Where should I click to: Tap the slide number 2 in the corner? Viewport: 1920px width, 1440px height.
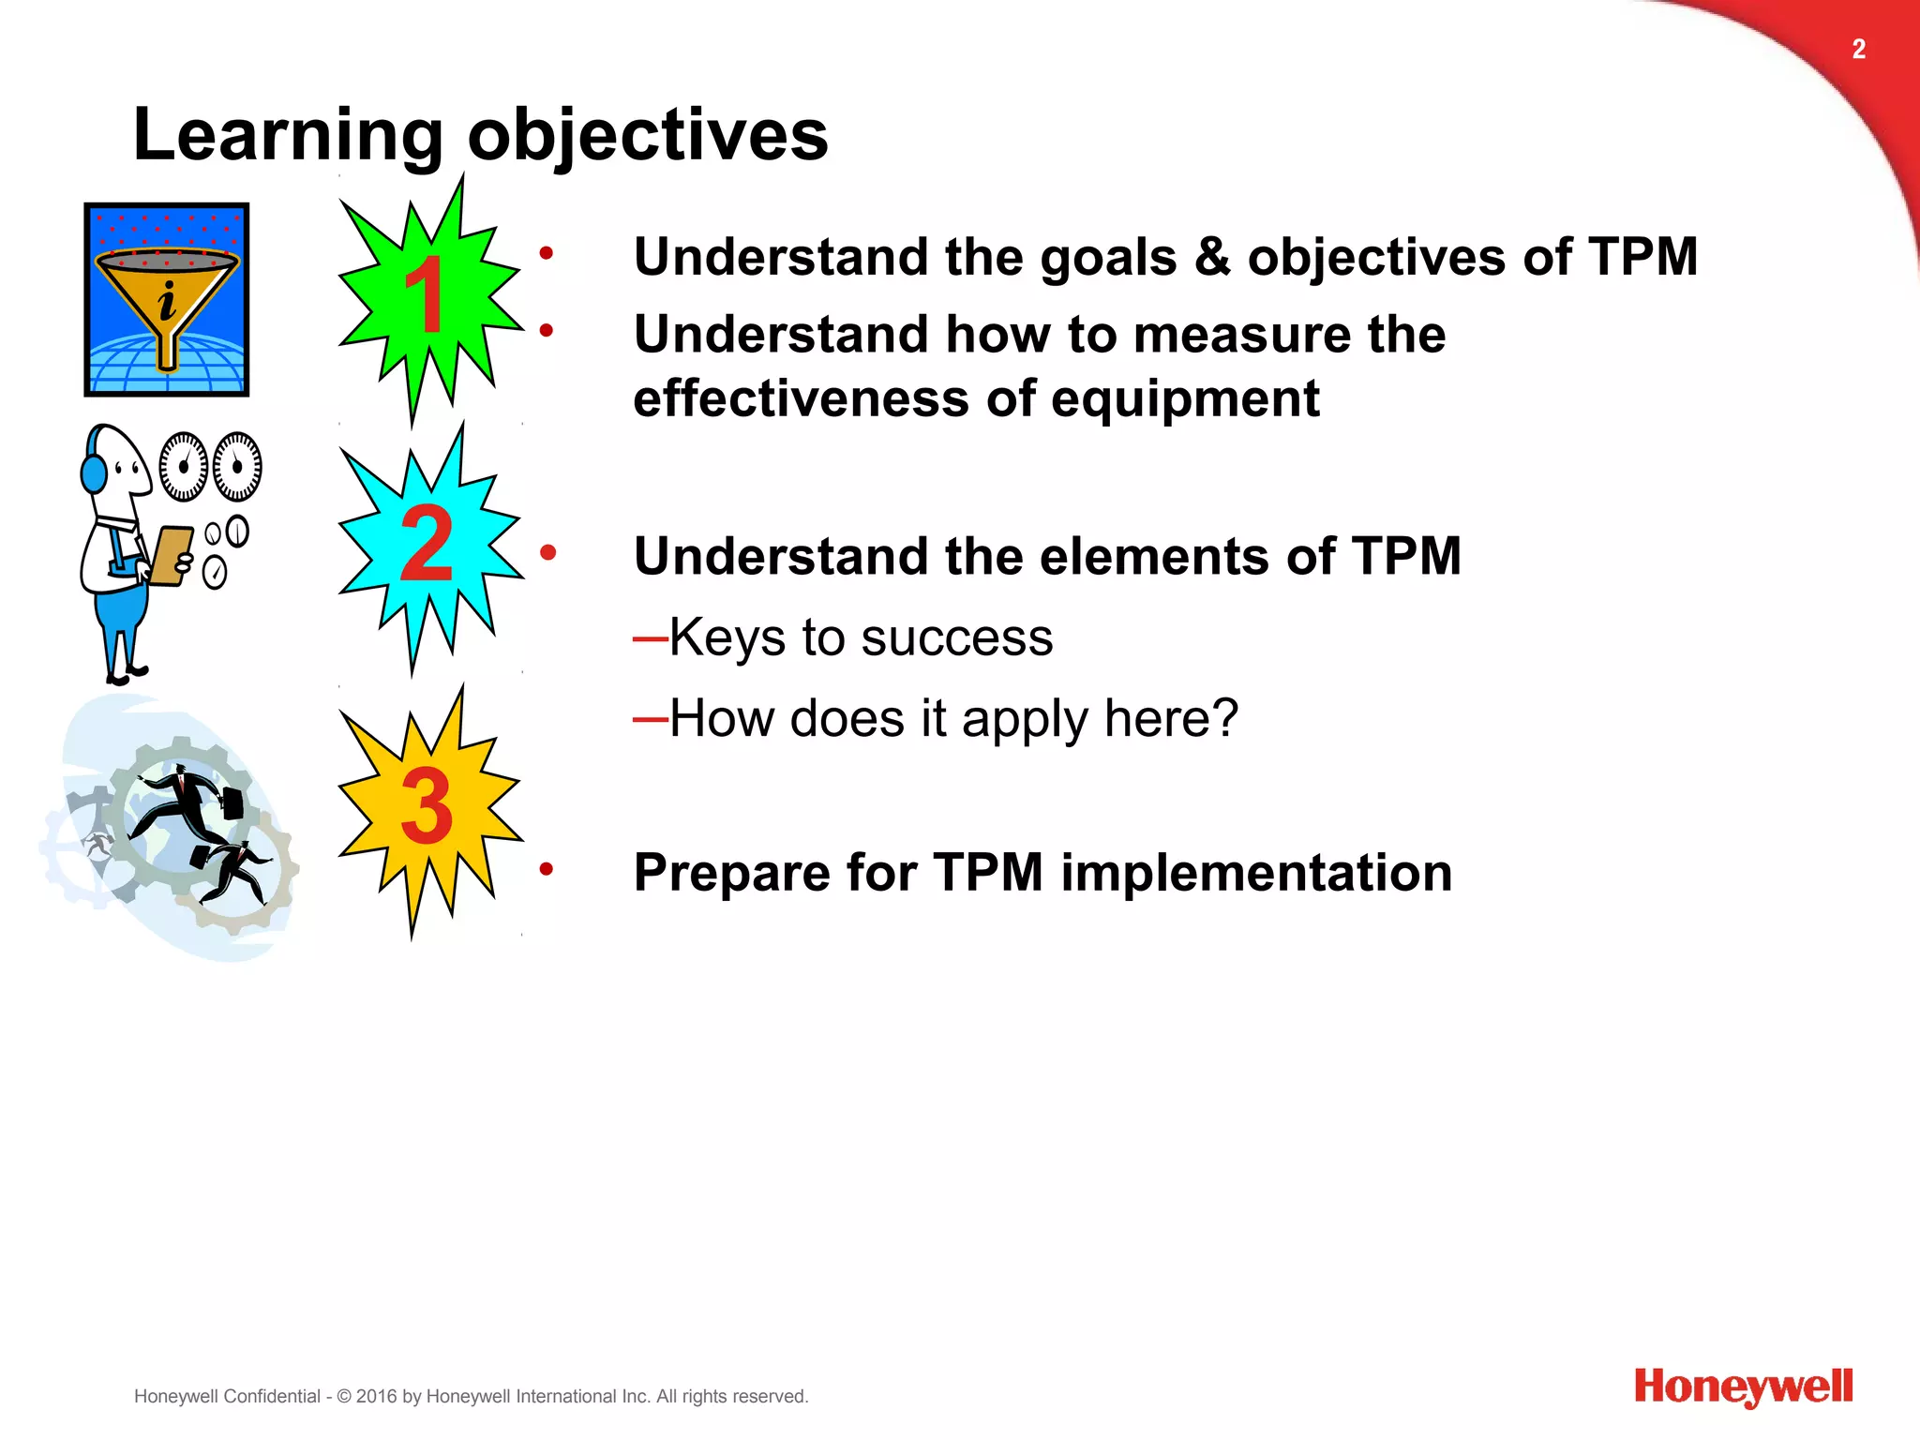[x=1858, y=49]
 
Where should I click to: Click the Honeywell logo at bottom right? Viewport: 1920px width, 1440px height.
[x=1743, y=1387]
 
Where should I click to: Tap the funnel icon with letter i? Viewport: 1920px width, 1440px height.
[x=167, y=300]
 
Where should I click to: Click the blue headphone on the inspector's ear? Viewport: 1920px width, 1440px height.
[x=94, y=472]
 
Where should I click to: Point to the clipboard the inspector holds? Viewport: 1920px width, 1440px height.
[x=171, y=555]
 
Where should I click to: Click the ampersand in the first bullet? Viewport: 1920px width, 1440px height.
[x=1212, y=257]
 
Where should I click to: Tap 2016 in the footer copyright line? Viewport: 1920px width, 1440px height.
[x=377, y=1397]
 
